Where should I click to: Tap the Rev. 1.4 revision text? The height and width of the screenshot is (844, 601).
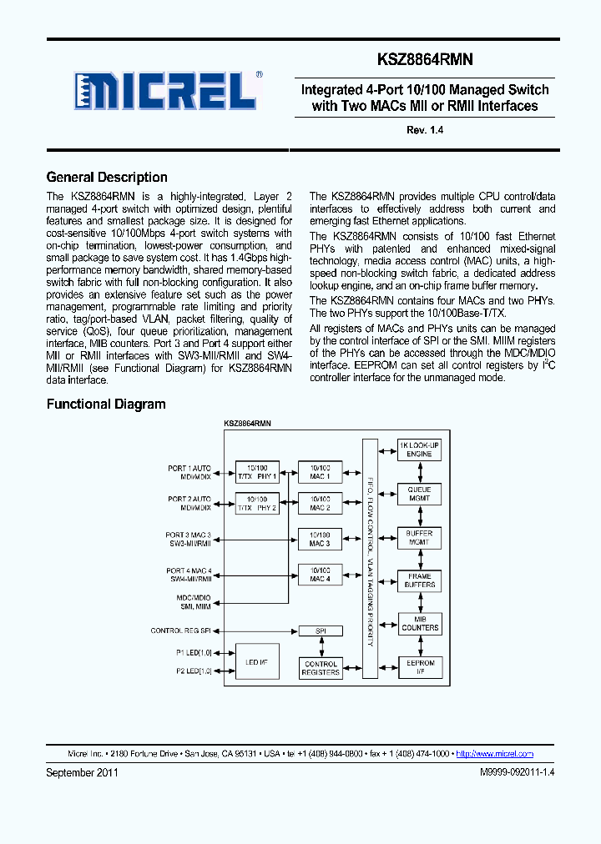pos(424,130)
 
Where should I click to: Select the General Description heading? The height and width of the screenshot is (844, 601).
pos(107,177)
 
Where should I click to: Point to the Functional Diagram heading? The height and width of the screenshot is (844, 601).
pos(106,404)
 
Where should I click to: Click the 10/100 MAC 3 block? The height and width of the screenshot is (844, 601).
pos(320,540)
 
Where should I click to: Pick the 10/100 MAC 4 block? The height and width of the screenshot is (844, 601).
pos(320,574)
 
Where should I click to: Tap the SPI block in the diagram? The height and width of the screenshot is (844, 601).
pos(320,630)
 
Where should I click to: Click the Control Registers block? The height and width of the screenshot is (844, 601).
pos(320,668)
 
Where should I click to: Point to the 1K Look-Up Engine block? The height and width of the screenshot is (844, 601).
pos(419,449)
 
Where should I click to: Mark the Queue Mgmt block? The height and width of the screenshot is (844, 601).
pos(419,494)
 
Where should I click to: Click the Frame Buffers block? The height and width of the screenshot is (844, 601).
pos(419,580)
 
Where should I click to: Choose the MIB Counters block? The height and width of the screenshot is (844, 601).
pos(419,624)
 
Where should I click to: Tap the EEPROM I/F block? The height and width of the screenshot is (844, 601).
pos(419,668)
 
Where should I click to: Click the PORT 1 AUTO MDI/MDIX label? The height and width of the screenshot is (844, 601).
pos(189,472)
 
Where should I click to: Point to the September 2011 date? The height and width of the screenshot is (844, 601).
pos(82,773)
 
